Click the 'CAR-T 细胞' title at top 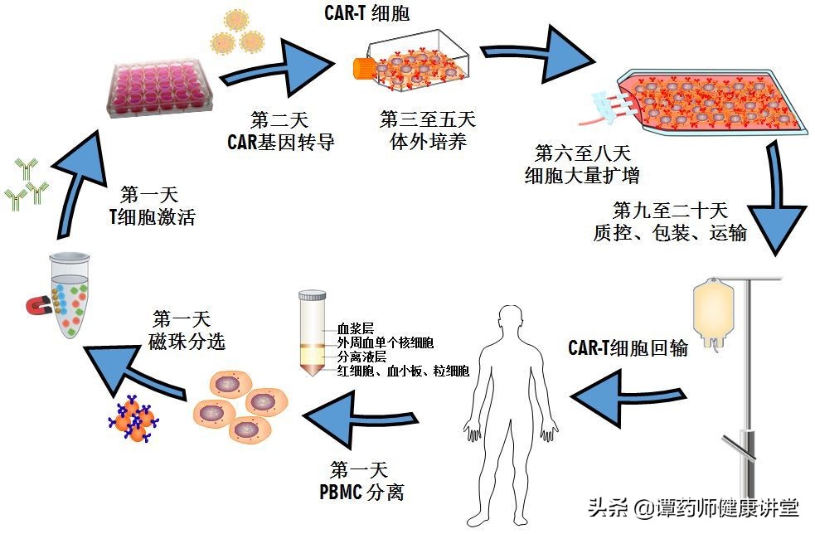coord(366,13)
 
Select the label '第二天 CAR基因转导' coord(281,131)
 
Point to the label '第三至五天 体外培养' coord(428,131)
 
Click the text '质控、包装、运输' coord(670,233)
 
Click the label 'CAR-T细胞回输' coord(628,348)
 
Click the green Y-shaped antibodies coord(25,186)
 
